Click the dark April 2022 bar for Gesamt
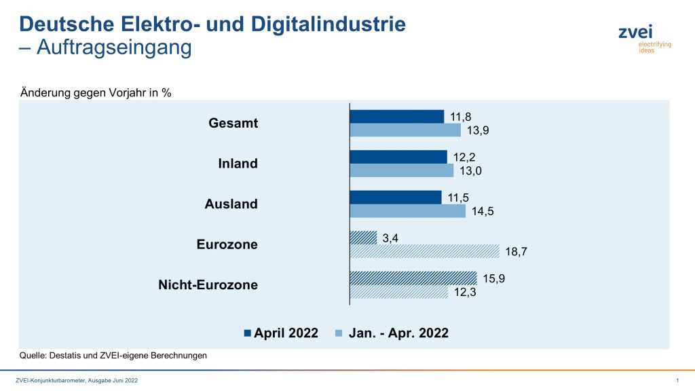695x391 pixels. pos(396,116)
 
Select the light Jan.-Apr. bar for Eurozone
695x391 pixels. pos(424,251)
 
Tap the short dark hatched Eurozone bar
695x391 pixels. pos(363,238)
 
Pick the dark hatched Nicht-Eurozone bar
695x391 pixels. pos(413,278)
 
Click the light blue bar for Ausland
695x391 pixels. pos(407,211)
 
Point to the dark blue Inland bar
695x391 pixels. pos(398,157)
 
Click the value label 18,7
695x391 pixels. pos(517,251)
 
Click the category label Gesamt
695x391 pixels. pos(234,123)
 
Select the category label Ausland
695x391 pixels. pos(231,204)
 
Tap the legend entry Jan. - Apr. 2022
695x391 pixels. pos(397,333)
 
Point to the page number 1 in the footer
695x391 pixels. pos(678,380)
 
